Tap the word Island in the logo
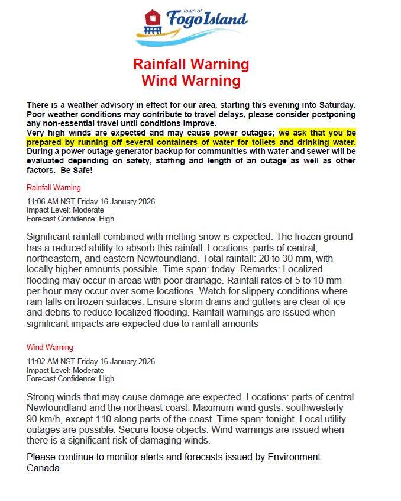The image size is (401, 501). click(x=223, y=20)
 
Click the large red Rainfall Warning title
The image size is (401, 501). click(x=191, y=64)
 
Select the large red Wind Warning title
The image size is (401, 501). click(x=191, y=81)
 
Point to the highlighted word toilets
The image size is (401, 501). click(x=258, y=143)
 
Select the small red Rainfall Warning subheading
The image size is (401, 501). click(x=54, y=188)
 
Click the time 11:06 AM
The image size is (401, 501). click(x=44, y=201)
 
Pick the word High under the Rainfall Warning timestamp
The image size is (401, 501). click(x=106, y=219)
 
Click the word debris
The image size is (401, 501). click(x=63, y=313)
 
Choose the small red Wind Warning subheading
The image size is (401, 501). click(x=50, y=347)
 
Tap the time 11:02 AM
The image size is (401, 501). click(x=44, y=361)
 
